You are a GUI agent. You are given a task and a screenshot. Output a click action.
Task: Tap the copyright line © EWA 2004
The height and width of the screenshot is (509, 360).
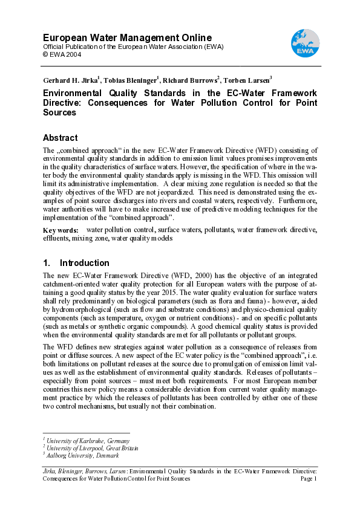point(63,54)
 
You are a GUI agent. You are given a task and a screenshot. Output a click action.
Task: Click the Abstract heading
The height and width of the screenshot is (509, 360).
point(61,137)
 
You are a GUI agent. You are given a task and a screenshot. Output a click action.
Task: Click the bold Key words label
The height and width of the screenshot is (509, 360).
point(61,230)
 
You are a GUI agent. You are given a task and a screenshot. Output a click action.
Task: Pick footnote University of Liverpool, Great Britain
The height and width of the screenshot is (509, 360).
point(92,448)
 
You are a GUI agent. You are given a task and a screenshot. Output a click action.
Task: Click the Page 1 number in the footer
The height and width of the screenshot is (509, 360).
point(309,478)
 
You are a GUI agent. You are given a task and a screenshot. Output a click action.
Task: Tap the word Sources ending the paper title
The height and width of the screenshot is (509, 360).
point(59,112)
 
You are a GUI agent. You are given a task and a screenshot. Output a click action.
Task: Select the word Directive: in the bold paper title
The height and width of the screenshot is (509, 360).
point(65,103)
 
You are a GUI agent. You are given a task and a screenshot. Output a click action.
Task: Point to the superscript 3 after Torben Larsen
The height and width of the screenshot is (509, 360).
point(271,77)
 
